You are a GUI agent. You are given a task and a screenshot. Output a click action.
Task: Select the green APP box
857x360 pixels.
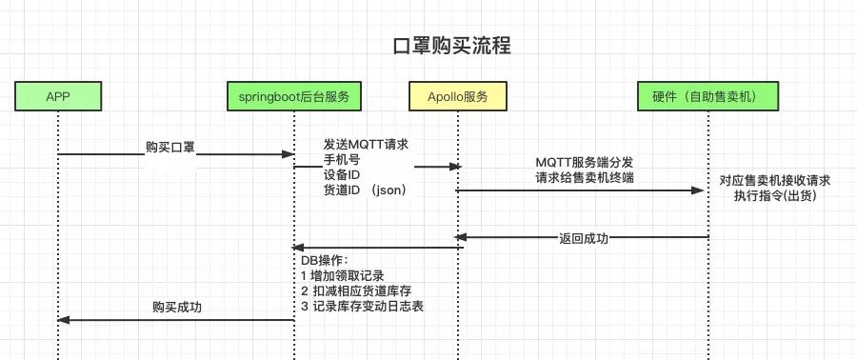[58, 96]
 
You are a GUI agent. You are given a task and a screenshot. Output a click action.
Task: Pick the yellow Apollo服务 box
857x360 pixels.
[457, 96]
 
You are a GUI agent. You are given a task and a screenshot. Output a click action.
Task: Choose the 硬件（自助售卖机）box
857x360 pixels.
[708, 96]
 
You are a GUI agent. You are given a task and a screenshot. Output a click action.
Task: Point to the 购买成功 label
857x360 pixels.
[177, 308]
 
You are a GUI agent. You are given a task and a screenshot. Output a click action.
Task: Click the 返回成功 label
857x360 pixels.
[585, 238]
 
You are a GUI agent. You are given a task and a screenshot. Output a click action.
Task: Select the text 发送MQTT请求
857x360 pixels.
[366, 144]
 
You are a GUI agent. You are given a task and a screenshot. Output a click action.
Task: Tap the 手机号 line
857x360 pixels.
[341, 159]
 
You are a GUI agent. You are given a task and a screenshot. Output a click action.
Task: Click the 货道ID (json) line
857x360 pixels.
[365, 190]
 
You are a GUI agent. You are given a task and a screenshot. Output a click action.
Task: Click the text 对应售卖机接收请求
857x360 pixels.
[774, 180]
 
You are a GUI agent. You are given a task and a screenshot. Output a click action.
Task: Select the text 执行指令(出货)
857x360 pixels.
[774, 195]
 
